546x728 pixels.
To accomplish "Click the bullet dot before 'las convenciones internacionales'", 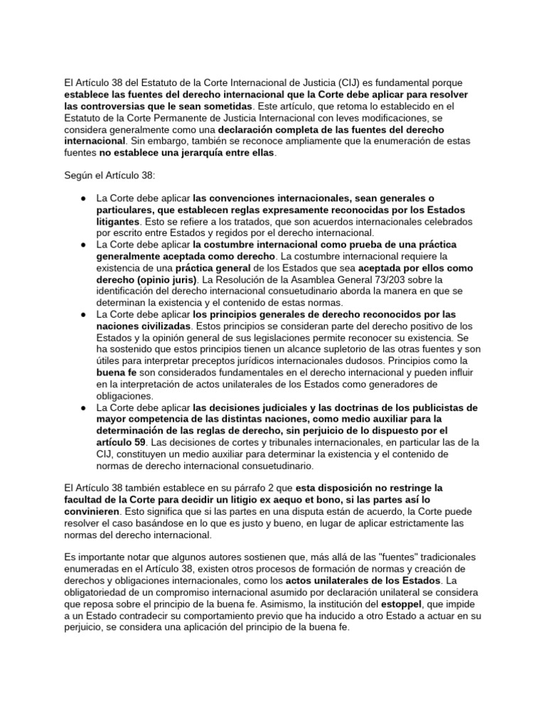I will tap(84, 198).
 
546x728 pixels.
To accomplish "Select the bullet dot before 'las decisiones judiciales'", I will tap(84, 408).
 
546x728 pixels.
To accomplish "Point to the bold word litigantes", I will tap(118, 221).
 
